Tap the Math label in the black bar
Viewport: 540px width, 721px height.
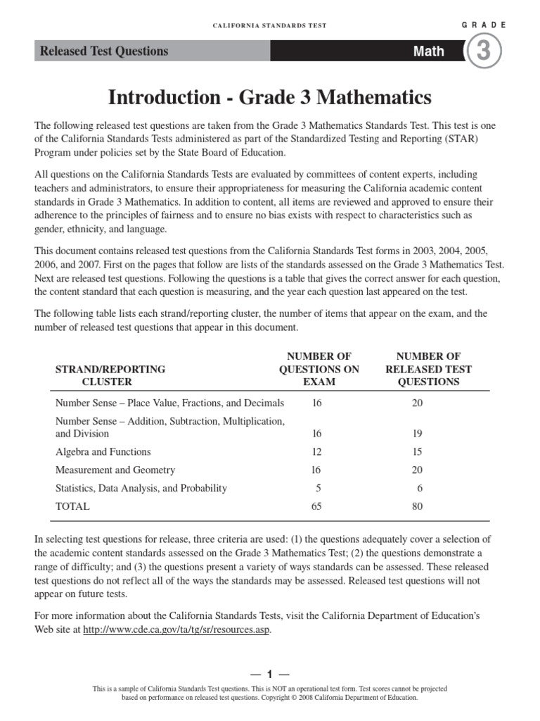tap(428, 51)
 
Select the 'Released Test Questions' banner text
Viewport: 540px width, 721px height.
tap(104, 51)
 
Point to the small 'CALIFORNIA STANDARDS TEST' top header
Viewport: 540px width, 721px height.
tap(269, 25)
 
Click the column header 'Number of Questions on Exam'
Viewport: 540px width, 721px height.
tap(309, 369)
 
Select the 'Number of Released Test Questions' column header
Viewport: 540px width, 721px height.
tap(428, 369)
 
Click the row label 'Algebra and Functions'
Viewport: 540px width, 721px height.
tap(103, 452)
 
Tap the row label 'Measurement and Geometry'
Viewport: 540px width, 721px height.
tap(115, 470)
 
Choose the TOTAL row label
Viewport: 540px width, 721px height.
tap(72, 506)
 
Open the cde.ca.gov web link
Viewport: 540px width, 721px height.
tap(176, 629)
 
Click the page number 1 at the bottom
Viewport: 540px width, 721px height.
tap(269, 674)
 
